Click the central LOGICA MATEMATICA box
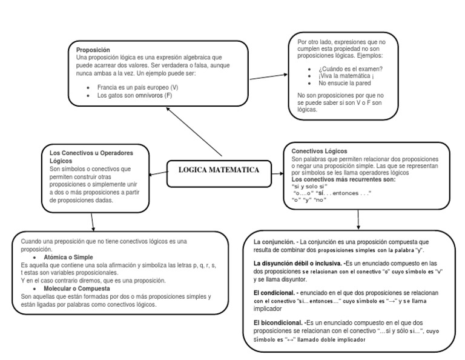click(218, 170)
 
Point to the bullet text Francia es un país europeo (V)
click(137, 87)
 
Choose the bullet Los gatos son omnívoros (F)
click(134, 96)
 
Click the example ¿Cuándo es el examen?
click(350, 68)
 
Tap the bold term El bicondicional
click(279, 322)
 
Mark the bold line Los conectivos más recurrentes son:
click(343, 180)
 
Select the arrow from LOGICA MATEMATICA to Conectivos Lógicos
click(277, 173)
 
